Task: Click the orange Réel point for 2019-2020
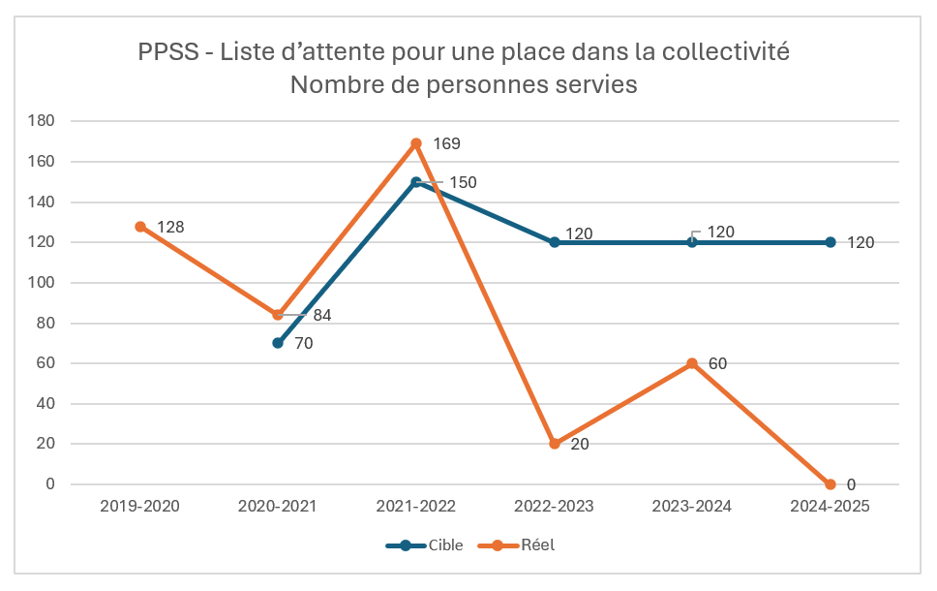pos(140,227)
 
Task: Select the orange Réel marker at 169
pos(416,143)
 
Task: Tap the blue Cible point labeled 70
pos(278,343)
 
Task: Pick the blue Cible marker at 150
pos(416,182)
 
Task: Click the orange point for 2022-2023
pos(555,444)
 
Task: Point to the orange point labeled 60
pos(692,363)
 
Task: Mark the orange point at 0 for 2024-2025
pos(831,484)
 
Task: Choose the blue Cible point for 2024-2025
pos(831,242)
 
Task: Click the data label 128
pos(170,227)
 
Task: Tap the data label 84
pos(322,315)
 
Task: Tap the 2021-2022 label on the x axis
pos(416,507)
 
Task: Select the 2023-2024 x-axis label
pos(692,507)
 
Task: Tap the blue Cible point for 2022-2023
pos(555,242)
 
